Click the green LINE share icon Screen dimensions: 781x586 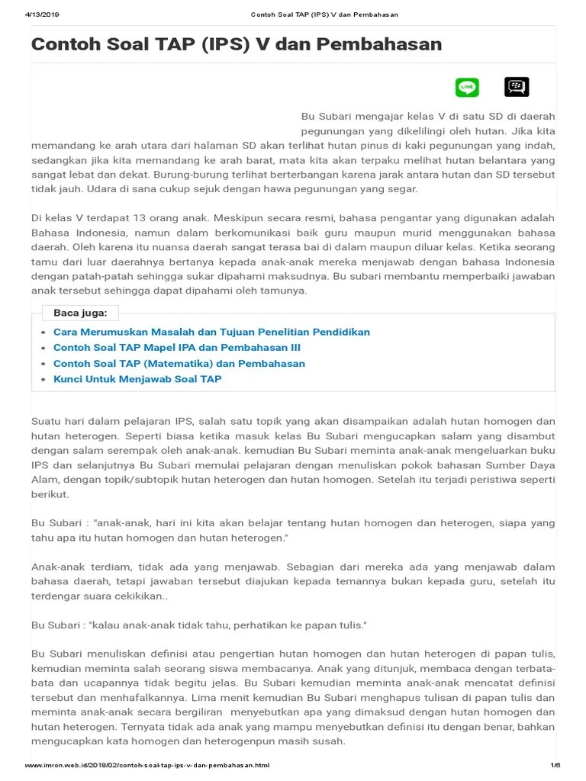(467, 88)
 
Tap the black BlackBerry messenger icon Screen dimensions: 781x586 (517, 88)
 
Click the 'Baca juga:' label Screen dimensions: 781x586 (80, 313)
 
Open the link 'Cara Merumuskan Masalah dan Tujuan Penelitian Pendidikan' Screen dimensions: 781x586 (211, 332)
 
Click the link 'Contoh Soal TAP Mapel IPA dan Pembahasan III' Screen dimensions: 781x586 (177, 347)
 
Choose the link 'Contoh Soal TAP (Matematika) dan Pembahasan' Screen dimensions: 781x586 (179, 363)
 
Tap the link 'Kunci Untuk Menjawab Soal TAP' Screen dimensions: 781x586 (137, 378)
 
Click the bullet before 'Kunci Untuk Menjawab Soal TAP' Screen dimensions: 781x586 (42, 379)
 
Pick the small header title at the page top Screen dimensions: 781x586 (324, 14)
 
